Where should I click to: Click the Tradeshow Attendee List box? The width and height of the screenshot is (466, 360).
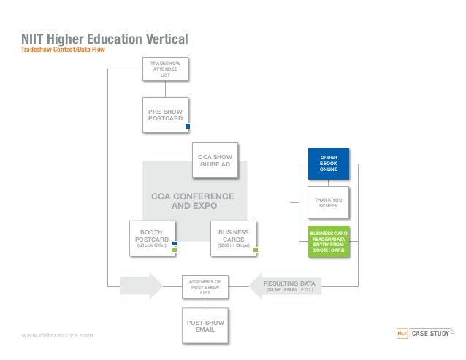coord(165,69)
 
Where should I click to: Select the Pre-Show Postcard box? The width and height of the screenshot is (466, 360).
coord(165,114)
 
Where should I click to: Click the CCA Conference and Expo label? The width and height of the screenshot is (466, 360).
coord(192,201)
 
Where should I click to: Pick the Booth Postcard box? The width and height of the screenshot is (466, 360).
coord(151,238)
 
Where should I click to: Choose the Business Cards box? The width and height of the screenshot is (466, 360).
coord(233,238)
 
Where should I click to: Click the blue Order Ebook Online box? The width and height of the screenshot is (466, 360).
coord(328,164)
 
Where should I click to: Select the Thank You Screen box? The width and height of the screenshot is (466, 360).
coord(328,202)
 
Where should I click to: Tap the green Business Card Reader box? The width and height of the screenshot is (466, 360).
coord(328,242)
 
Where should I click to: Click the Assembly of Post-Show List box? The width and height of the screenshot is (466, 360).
coord(205,286)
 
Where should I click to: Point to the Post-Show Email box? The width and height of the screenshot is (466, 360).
coord(205,325)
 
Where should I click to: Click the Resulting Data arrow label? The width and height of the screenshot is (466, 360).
coord(291,286)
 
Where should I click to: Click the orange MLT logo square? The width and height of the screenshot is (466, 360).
coord(401,334)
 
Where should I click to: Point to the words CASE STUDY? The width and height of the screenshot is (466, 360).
coord(431,334)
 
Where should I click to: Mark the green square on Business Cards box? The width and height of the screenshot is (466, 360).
coord(256,250)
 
